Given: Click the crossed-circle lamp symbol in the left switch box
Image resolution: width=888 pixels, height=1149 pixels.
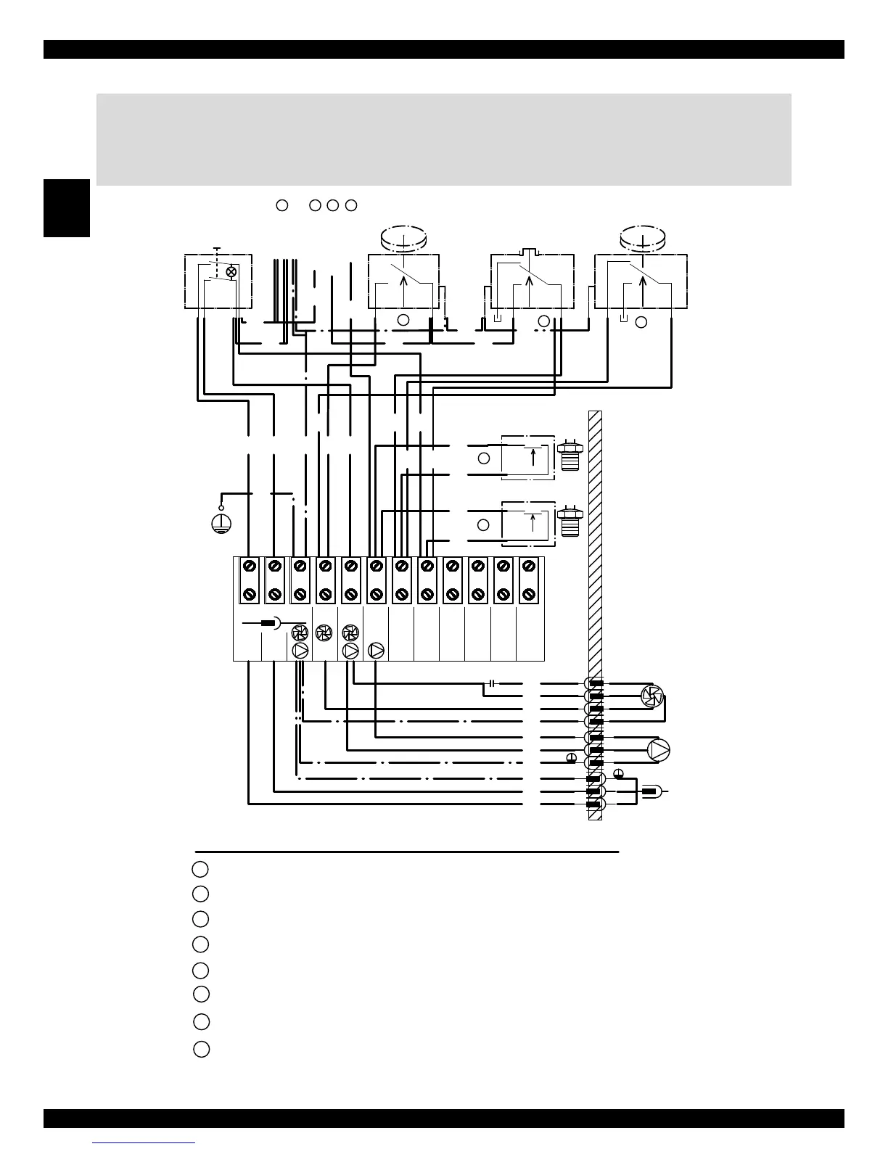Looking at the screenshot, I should pyautogui.click(x=231, y=272).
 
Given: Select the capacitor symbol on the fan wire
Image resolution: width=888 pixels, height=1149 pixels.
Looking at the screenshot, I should pyautogui.click(x=492, y=683).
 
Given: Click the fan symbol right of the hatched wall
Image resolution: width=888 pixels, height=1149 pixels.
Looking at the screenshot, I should pyautogui.click(x=651, y=696).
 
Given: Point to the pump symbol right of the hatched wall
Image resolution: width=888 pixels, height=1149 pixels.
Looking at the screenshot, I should pyautogui.click(x=659, y=750).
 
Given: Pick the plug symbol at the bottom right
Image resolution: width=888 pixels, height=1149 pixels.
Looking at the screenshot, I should pyautogui.click(x=651, y=792).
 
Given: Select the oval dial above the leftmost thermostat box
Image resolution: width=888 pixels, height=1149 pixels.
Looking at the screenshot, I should pyautogui.click(x=404, y=237).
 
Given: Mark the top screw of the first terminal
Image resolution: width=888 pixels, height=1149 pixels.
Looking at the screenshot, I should pyautogui.click(x=249, y=565).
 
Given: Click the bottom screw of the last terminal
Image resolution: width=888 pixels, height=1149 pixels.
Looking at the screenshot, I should pyautogui.click(x=529, y=595).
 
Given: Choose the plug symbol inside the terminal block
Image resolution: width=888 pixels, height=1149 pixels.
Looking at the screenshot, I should pyautogui.click(x=270, y=623).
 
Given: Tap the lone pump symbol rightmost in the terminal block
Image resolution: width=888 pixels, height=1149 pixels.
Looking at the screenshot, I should pyautogui.click(x=377, y=651).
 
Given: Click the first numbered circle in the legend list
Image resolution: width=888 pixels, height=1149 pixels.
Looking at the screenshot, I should pyautogui.click(x=201, y=868).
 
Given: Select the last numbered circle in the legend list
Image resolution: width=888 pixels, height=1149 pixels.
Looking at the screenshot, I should pyautogui.click(x=202, y=1049).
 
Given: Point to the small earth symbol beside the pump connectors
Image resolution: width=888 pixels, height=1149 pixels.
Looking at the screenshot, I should pyautogui.click(x=572, y=758).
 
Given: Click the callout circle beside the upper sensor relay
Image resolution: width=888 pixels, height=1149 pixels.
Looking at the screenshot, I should pyautogui.click(x=484, y=458).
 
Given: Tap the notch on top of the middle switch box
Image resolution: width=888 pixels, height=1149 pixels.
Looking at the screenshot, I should pyautogui.click(x=533, y=252).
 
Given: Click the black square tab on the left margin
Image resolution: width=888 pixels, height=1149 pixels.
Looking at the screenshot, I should pyautogui.click(x=67, y=208).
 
